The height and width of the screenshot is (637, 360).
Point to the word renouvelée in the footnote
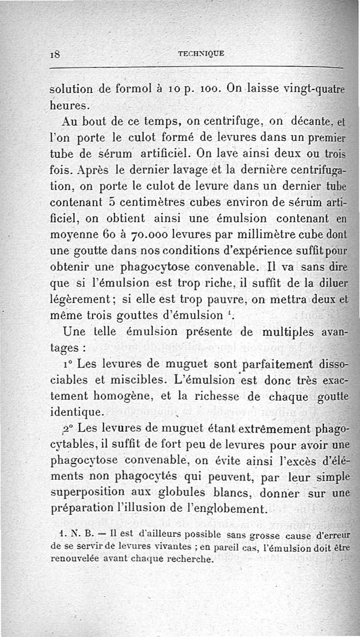pyautogui.click(x=76, y=559)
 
